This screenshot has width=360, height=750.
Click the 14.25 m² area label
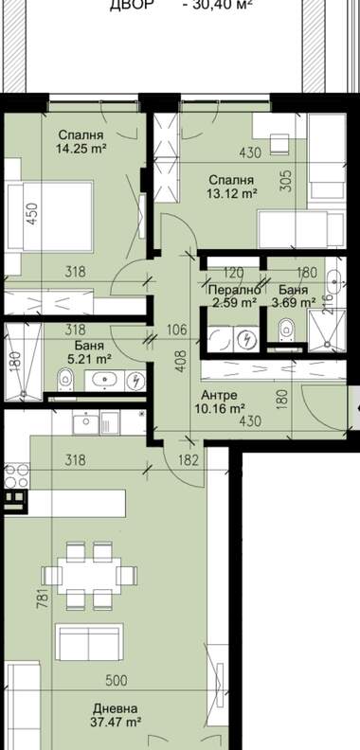[x=81, y=149]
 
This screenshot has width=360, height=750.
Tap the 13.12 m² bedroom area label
[x=233, y=193]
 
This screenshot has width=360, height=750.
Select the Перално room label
[x=235, y=290]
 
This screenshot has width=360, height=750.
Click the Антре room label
[x=219, y=396]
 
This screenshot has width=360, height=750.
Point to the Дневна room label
[x=116, y=708]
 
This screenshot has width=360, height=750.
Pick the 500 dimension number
[x=116, y=680]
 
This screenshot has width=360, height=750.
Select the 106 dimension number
[x=177, y=330]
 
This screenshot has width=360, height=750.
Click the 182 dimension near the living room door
[x=188, y=460]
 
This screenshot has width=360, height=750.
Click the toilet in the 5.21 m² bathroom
[x=65, y=380]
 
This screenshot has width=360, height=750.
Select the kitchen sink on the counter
[x=85, y=423]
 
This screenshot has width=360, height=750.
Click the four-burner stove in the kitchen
[x=17, y=475]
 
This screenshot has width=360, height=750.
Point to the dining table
[x=89, y=576]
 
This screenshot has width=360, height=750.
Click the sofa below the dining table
[x=89, y=642]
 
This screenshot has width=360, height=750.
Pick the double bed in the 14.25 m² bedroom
[x=49, y=216]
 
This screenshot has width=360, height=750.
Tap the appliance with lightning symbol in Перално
[x=247, y=340]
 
